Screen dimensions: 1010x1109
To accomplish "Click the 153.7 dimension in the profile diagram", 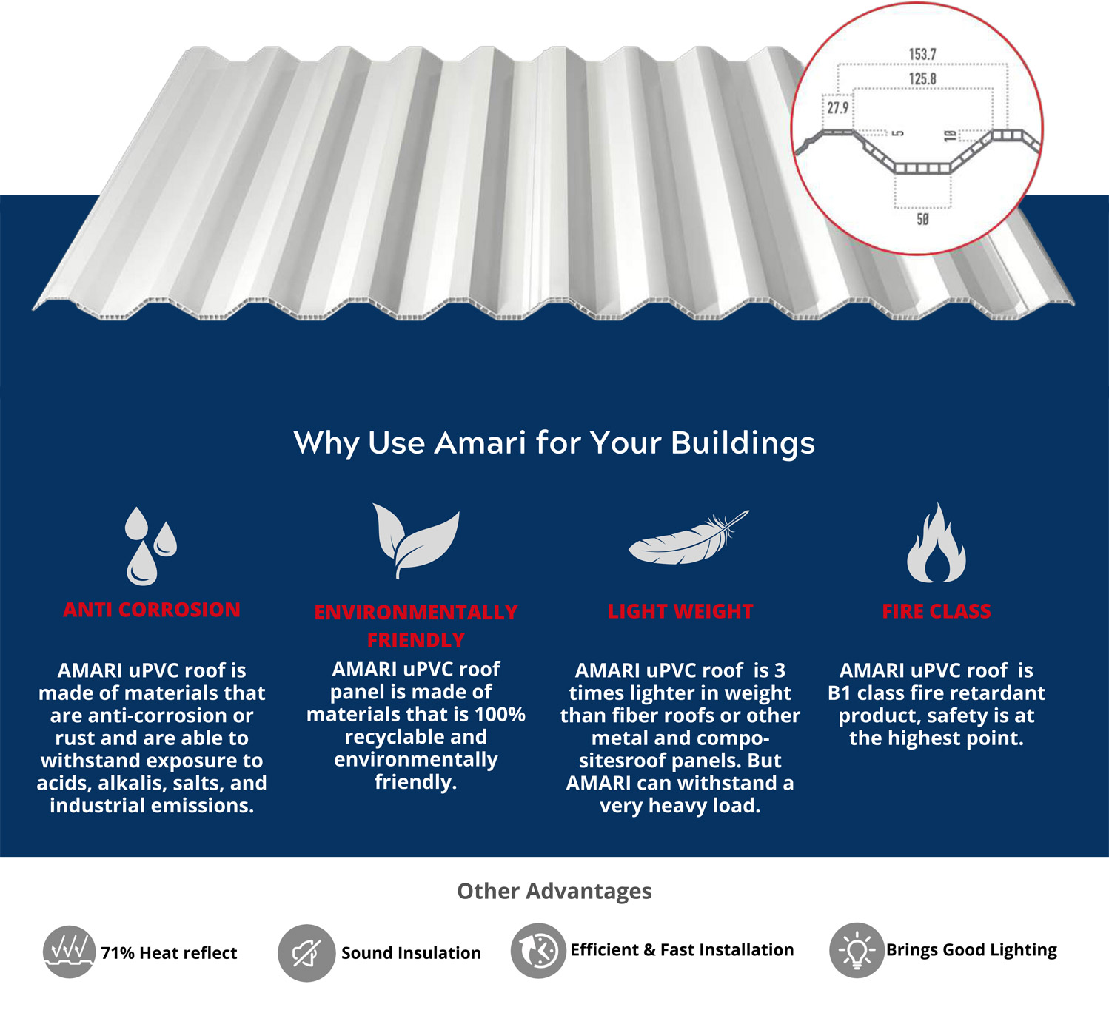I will tap(922, 55).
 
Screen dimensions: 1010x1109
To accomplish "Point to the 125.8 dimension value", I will tap(922, 79).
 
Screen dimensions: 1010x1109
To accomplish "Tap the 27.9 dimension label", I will tap(838, 108).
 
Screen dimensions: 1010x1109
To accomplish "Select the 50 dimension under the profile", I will tap(922, 220).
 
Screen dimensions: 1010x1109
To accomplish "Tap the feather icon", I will tap(688, 538).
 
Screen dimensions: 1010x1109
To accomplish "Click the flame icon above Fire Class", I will tap(937, 544).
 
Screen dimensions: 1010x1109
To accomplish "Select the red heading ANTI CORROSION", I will tap(152, 610).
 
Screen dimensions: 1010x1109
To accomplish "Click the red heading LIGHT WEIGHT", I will tap(680, 611).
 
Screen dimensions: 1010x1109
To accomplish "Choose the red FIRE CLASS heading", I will tap(937, 611).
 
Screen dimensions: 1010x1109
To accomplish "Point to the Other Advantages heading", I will tap(554, 891).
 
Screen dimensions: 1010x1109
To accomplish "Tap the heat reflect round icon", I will tap(69, 952).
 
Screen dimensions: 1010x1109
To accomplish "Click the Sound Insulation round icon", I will tap(306, 953).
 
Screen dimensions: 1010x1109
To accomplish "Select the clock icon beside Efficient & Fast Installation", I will tap(538, 951).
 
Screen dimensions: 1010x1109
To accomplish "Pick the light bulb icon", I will tap(857, 950).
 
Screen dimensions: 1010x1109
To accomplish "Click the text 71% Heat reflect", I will tap(169, 953).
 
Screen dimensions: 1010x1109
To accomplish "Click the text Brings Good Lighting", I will tap(971, 950).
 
